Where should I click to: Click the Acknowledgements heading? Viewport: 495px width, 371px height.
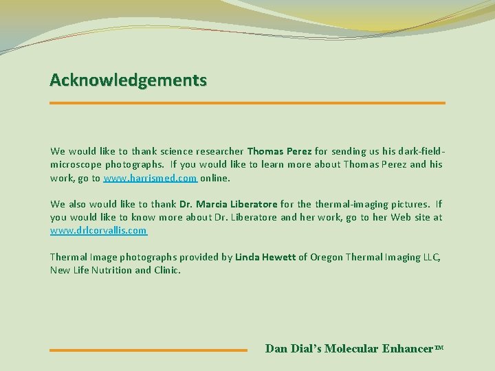(x=128, y=80)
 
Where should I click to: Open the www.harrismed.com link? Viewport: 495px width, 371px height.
(x=151, y=178)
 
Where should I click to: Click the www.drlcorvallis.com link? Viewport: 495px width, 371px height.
(x=98, y=231)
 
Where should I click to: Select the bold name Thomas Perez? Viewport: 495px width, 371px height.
(x=279, y=151)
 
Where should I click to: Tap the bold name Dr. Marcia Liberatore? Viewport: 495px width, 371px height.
(x=228, y=204)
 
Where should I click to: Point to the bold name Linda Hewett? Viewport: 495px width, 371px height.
(x=265, y=257)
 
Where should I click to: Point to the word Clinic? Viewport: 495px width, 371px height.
(x=167, y=270)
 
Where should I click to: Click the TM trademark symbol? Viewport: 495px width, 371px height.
(x=439, y=348)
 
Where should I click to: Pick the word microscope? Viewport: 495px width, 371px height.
(x=77, y=164)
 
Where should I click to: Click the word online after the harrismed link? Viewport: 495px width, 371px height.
(x=215, y=178)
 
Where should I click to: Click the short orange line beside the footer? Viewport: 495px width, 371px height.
(x=148, y=350)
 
